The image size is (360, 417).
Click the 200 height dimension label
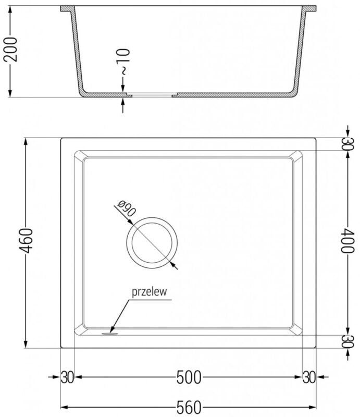click(10, 50)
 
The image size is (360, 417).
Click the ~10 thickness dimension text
click(123, 62)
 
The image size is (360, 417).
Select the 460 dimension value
click(27, 241)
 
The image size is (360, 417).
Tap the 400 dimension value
click(348, 240)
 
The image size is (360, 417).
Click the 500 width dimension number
click(189, 377)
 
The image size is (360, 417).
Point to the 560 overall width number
click(189, 407)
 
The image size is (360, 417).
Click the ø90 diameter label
click(127, 208)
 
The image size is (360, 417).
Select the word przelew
click(150, 291)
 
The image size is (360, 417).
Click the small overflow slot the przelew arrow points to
click(109, 333)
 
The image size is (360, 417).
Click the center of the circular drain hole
click(152, 242)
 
